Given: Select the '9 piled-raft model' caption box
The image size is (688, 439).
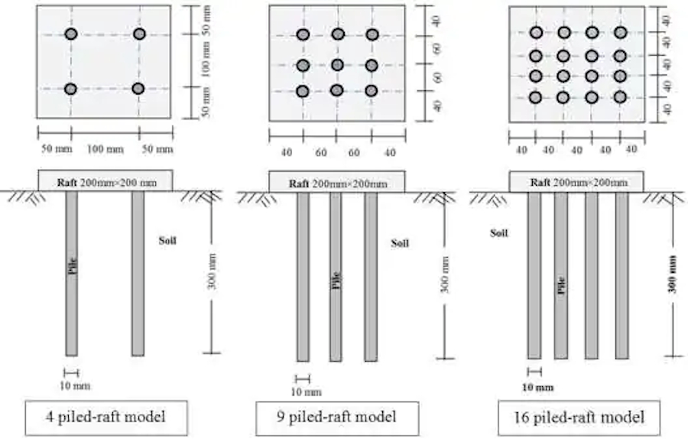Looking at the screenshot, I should point(337,417).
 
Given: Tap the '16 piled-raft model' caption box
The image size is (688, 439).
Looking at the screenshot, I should point(579,417).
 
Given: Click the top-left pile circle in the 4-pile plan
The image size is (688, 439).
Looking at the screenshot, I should point(71,34).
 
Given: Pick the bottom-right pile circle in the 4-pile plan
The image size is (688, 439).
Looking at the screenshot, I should point(138,89).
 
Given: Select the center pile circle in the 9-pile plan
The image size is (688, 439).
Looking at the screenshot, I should point(337,65).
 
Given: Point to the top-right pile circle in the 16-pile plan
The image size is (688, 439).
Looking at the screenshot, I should point(620,32).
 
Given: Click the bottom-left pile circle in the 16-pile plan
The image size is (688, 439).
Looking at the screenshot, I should point(536,97).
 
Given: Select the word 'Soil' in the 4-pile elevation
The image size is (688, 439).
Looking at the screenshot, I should point(167,240).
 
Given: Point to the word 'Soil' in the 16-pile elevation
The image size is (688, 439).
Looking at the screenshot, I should point(499,232).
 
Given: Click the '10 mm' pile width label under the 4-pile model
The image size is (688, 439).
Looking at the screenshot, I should point(74,385).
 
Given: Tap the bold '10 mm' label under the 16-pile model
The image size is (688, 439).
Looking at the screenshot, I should point(537,387).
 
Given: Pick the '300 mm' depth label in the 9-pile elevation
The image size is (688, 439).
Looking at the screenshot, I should point(445,275).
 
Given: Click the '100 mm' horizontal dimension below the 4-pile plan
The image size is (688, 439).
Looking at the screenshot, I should point(105,148).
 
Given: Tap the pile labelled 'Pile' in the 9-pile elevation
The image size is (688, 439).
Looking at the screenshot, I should point(336,276).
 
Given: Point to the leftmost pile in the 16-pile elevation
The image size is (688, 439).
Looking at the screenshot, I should point(534,275).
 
